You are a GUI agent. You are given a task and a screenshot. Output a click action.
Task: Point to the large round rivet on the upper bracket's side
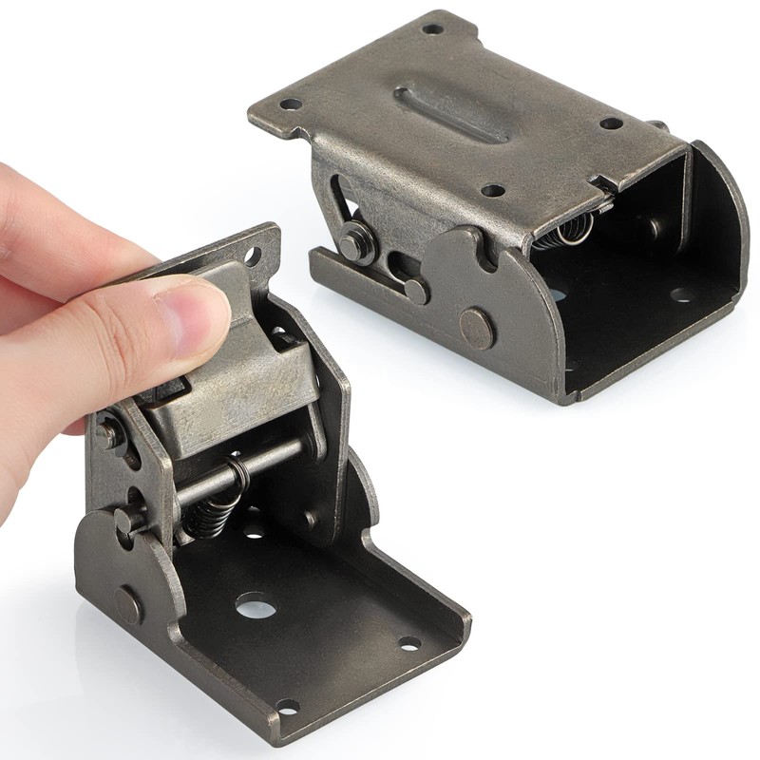477,328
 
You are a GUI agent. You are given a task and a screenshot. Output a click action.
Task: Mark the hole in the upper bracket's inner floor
681,294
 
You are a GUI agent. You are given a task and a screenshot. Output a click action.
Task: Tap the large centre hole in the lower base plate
253,604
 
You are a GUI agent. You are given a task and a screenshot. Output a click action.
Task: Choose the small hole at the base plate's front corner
286,707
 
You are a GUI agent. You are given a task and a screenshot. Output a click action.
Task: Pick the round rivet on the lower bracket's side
129,604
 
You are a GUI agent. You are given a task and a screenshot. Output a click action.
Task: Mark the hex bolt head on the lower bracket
106,435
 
